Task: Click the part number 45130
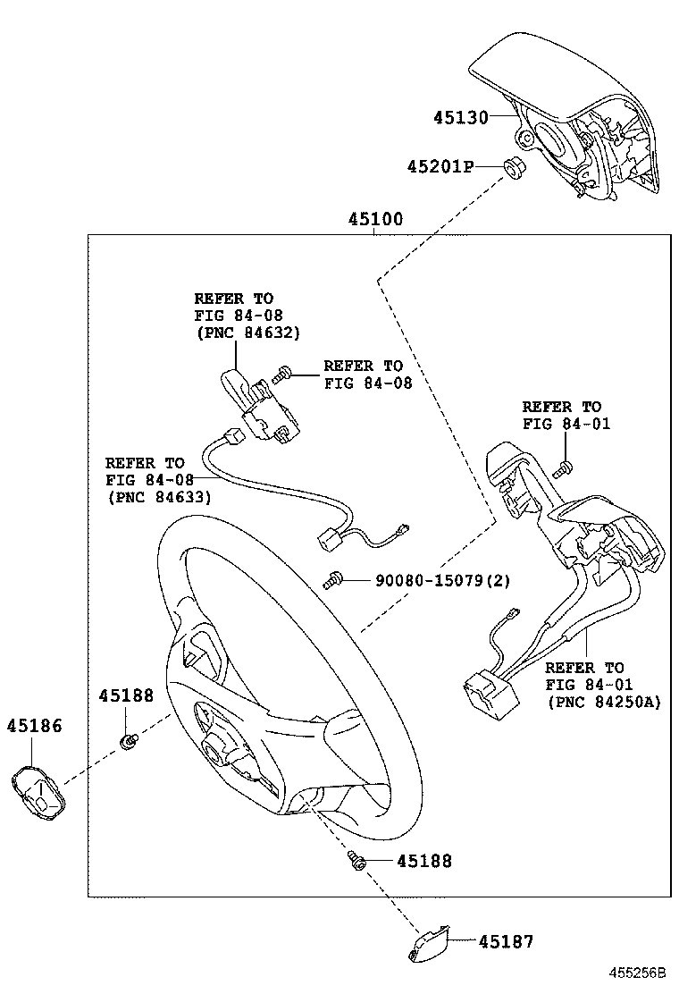pyautogui.click(x=460, y=117)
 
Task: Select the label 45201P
pyautogui.click(x=440, y=166)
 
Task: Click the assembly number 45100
pyautogui.click(x=374, y=219)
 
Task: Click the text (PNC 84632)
pyautogui.click(x=247, y=332)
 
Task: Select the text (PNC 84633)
pyautogui.click(x=158, y=496)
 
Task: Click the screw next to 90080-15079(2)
pyautogui.click(x=333, y=582)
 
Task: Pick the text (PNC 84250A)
pyautogui.click(x=604, y=702)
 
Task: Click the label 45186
pyautogui.click(x=36, y=725)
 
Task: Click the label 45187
pyautogui.click(x=505, y=940)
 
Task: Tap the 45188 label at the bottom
pyautogui.click(x=423, y=861)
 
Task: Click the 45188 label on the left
pyautogui.click(x=126, y=695)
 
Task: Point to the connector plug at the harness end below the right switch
pyautogui.click(x=483, y=697)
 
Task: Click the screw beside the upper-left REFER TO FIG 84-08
pyautogui.click(x=285, y=374)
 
